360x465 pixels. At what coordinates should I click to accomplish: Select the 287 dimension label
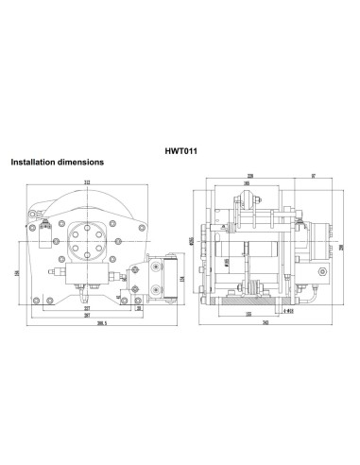tap(86, 316)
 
